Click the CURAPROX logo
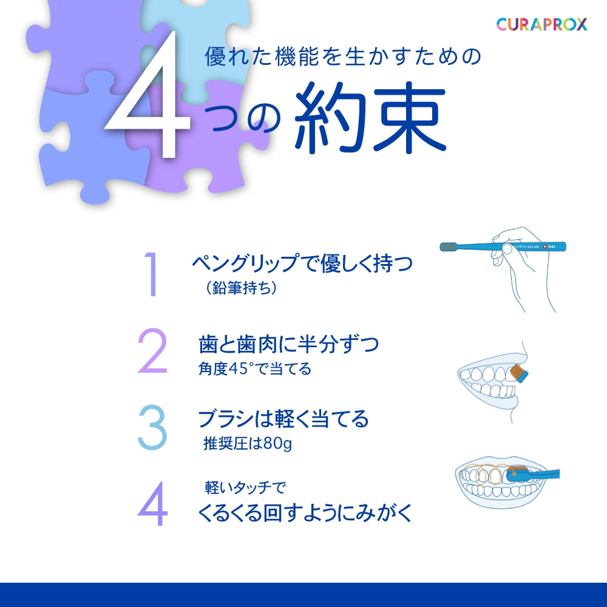(541, 24)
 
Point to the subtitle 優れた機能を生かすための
(342, 56)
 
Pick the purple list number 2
(152, 350)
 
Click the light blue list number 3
(152, 427)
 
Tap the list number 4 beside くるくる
(152, 503)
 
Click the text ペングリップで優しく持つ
(302, 263)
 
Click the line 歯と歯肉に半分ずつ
(288, 344)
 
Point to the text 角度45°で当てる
(255, 368)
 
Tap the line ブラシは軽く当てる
(283, 419)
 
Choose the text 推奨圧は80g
(248, 443)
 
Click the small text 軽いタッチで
(245, 487)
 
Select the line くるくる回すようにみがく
(305, 513)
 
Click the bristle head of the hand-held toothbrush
(449, 246)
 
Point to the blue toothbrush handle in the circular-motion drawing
(542, 474)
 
